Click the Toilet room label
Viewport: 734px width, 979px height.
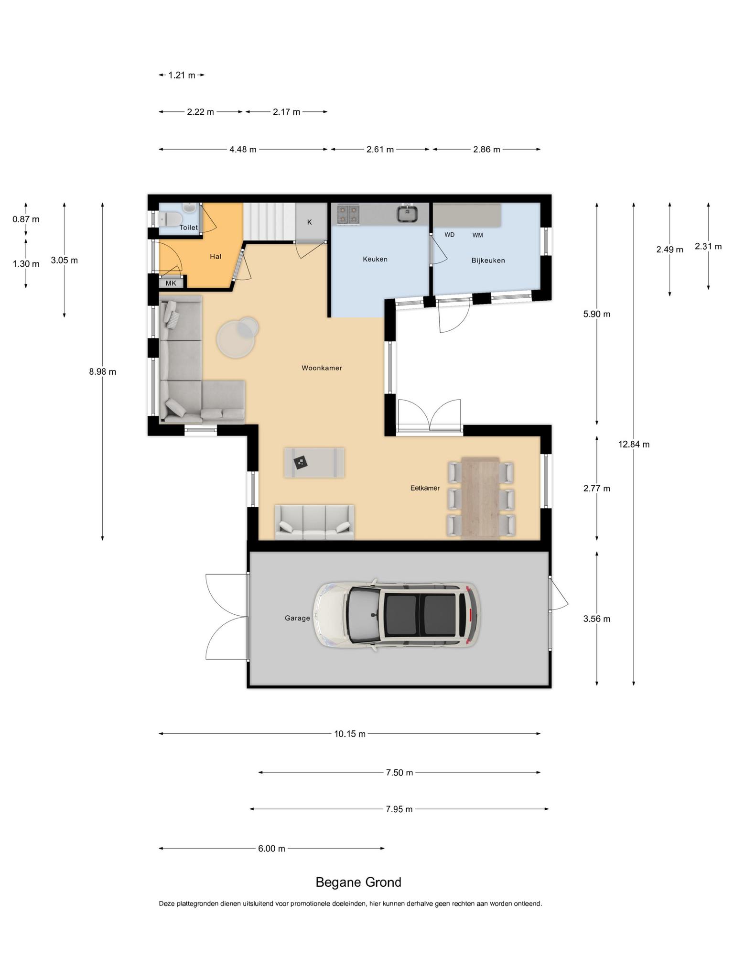188,228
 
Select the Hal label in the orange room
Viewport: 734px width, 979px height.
216,257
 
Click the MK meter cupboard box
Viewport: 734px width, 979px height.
171,283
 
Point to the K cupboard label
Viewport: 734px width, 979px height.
309,222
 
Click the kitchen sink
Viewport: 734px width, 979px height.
407,213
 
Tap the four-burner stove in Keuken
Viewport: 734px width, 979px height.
348,214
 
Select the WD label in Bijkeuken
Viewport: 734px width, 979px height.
449,235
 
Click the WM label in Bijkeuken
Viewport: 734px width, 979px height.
477,235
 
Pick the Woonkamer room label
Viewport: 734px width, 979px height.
322,368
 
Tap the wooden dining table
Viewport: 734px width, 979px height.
480,498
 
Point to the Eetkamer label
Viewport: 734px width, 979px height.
425,488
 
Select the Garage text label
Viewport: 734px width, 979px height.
297,618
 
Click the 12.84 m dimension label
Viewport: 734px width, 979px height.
634,444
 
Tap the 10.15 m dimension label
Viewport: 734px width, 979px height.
350,734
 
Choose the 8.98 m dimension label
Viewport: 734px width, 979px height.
102,371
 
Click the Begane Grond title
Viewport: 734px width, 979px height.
358,882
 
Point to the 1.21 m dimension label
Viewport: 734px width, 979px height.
182,75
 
